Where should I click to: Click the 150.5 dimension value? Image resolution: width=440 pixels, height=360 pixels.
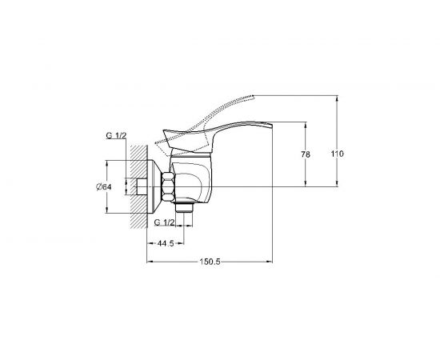click(x=210, y=262)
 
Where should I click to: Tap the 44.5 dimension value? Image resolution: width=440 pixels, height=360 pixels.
click(x=166, y=243)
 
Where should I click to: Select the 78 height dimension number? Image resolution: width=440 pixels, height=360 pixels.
click(x=306, y=154)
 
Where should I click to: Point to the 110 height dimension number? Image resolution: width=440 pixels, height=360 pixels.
click(x=337, y=154)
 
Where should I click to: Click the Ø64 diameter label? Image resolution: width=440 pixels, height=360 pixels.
click(x=104, y=187)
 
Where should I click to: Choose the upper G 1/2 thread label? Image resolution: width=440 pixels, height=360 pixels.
click(x=116, y=135)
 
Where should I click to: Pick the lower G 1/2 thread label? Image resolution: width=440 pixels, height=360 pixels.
click(x=165, y=222)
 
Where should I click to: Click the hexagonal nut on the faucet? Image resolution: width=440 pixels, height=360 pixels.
click(x=168, y=186)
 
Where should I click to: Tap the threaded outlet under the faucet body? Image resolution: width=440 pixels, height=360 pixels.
click(x=184, y=207)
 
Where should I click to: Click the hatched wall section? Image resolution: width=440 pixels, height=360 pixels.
click(x=138, y=187)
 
